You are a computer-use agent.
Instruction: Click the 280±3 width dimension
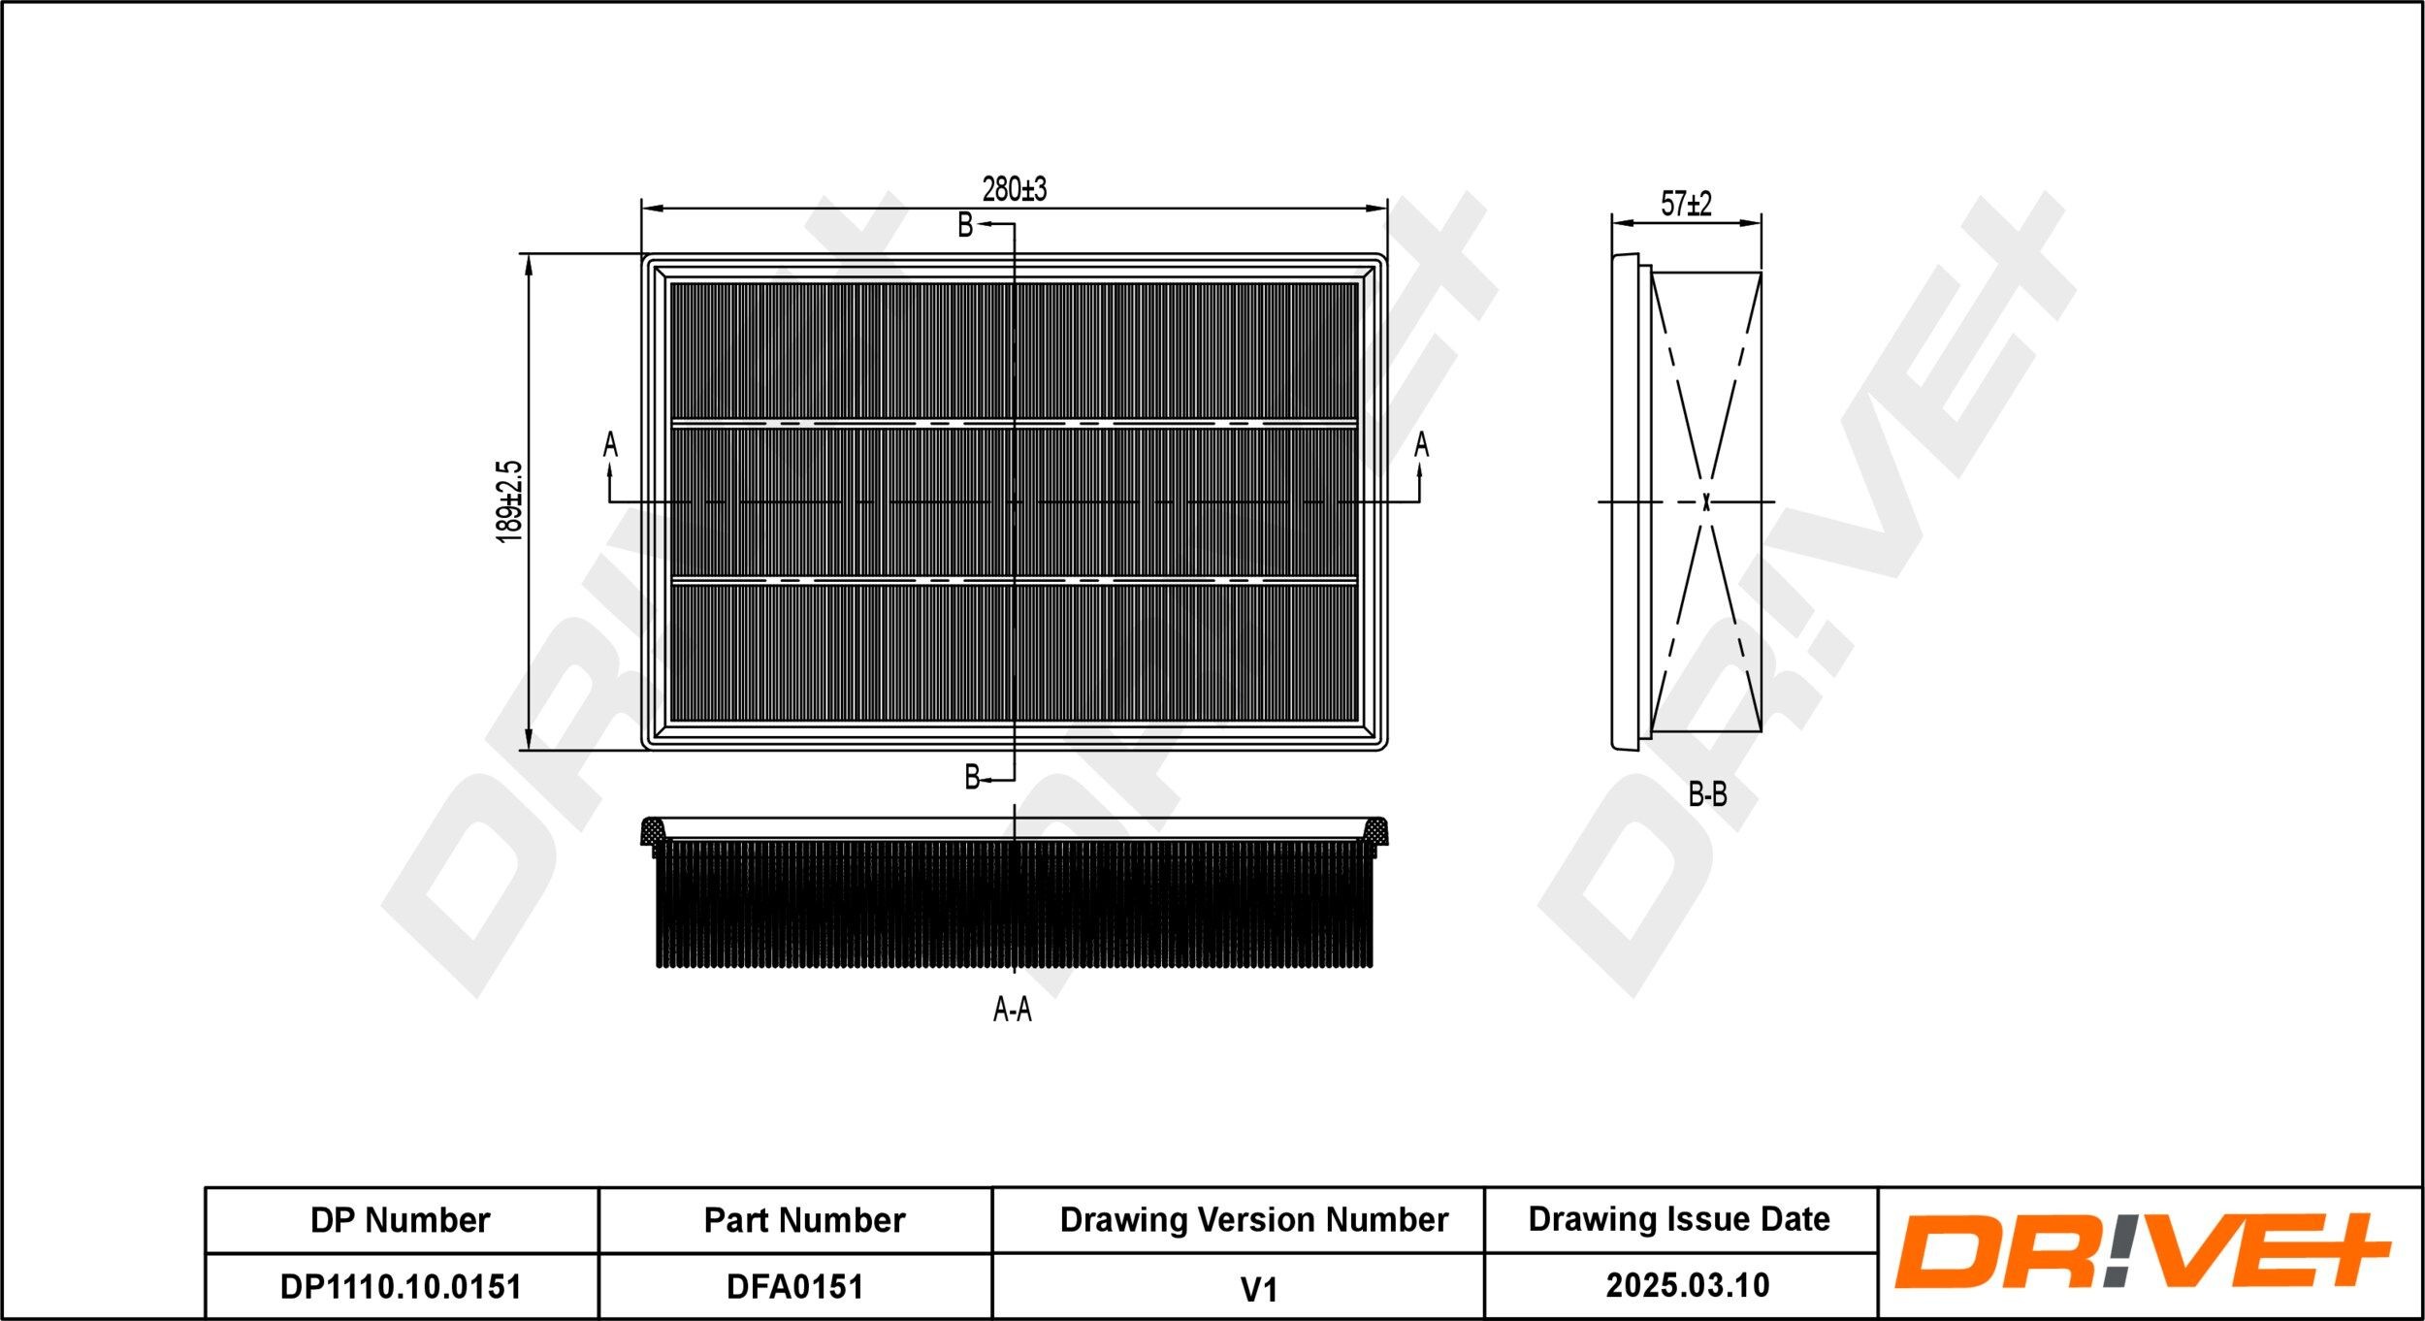1014,189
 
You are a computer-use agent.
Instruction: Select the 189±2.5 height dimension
509,500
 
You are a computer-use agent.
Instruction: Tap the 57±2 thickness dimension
1686,204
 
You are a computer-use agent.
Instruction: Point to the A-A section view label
1012,1011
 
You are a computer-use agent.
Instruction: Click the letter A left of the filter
610,444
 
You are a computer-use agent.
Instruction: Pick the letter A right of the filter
1421,444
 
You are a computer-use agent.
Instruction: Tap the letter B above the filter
965,225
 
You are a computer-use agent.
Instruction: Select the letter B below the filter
971,777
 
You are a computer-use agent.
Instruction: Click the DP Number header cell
401,1220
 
